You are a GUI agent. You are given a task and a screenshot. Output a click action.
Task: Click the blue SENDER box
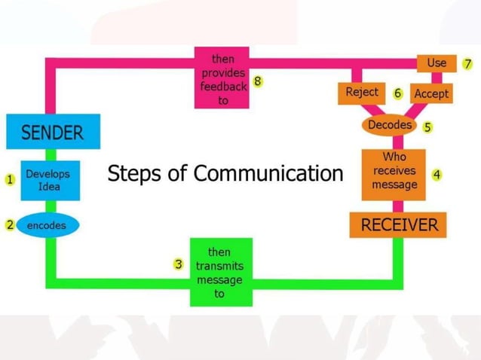point(52,133)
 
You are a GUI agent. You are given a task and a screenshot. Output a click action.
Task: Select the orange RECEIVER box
point(399,224)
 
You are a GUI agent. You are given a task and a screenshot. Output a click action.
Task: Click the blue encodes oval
point(47,224)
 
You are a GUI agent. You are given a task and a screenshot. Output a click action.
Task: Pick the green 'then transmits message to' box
point(219,272)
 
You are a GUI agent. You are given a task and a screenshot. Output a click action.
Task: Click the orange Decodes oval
point(389,125)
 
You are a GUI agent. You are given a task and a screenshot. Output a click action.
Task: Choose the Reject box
point(362,93)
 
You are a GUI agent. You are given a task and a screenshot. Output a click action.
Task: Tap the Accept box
point(431,93)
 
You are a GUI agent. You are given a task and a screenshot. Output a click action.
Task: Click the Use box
point(437,63)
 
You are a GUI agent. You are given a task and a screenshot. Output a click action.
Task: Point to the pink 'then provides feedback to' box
point(222,78)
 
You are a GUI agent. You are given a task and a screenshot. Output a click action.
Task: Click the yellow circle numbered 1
point(10,180)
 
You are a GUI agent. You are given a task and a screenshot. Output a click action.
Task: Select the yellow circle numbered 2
point(10,224)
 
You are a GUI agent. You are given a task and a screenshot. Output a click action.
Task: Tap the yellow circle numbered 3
point(179,264)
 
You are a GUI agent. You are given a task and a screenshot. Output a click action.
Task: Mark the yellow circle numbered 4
point(437,175)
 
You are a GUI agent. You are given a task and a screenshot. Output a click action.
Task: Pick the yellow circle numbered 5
point(427,127)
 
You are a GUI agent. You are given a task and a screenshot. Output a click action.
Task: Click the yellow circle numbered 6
point(397,93)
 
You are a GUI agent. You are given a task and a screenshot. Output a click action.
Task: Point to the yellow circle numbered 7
point(467,63)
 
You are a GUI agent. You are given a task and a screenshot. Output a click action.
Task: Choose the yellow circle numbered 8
point(258,81)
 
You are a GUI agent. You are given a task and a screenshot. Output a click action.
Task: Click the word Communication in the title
point(268,174)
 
